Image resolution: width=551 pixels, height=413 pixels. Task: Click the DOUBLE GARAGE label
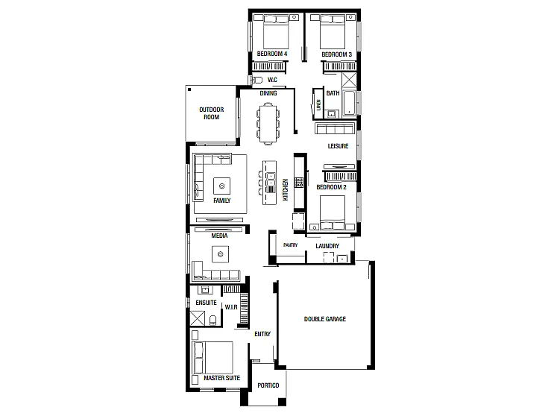click(324, 319)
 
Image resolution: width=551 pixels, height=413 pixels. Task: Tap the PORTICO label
click(268, 385)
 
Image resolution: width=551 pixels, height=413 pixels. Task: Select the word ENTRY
click(262, 334)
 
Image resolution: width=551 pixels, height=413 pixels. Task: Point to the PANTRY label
click(290, 245)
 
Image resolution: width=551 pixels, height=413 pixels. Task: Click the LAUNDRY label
click(327, 246)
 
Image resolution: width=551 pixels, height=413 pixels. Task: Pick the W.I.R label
click(231, 307)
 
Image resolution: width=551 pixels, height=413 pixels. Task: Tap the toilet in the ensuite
click(212, 320)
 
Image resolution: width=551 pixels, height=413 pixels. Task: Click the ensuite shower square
click(197, 318)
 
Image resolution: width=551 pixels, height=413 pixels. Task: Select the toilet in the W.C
click(257, 80)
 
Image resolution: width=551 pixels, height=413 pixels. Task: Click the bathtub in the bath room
click(349, 103)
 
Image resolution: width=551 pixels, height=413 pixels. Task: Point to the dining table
click(268, 123)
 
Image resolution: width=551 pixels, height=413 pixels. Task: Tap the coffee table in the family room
click(221, 186)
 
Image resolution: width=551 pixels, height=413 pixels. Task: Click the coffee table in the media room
click(221, 254)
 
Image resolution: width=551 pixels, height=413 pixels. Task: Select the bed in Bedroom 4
click(276, 31)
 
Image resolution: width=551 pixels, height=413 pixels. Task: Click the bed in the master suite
click(212, 358)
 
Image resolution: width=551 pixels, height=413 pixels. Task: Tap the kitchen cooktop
click(299, 183)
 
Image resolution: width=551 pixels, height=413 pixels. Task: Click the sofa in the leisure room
click(336, 129)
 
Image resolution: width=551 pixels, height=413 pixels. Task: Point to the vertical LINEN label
click(318, 104)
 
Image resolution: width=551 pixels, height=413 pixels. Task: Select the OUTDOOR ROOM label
click(211, 113)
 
